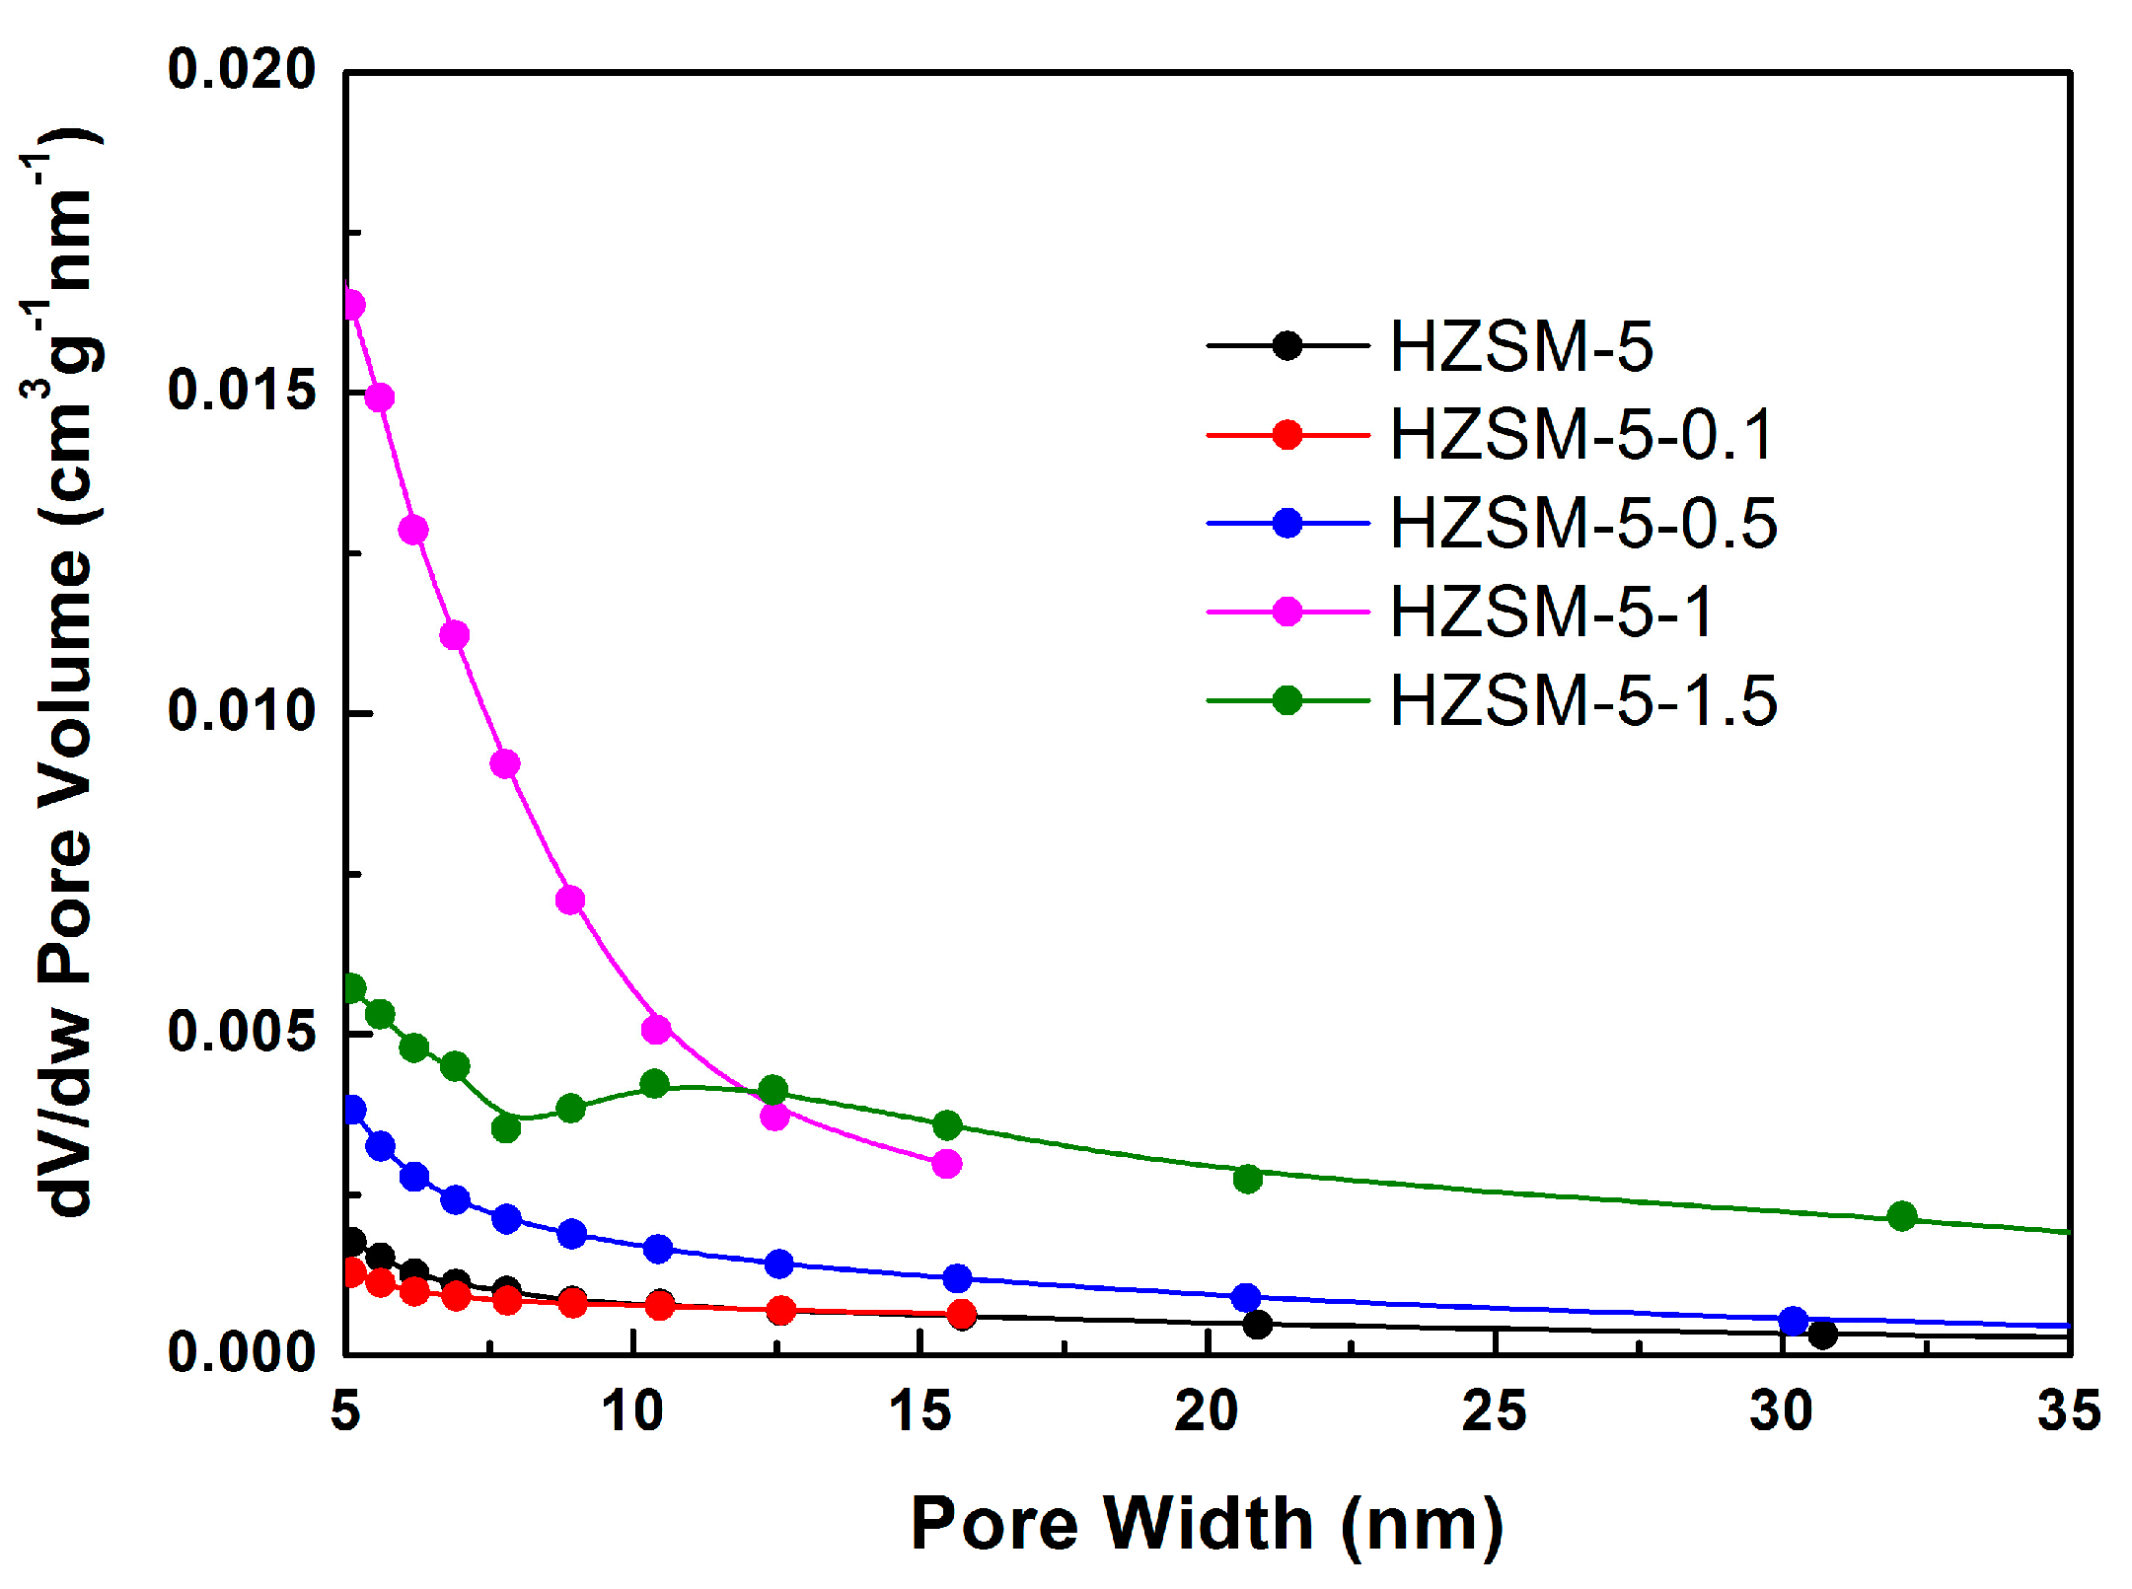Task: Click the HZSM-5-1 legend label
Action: [1553, 613]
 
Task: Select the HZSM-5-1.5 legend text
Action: [1582, 701]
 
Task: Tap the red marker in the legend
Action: [1287, 435]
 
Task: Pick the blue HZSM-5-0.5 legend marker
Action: [1287, 524]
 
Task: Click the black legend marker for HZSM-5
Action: [1287, 346]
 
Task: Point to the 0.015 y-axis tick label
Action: [242, 391]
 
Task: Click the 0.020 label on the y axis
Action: [242, 71]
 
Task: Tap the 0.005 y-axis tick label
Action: [242, 1032]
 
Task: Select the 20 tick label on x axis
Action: [1207, 1411]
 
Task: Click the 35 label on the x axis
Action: [2069, 1411]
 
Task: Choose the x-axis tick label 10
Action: [632, 1411]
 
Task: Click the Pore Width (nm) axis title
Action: [1207, 1524]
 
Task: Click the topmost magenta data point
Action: [352, 305]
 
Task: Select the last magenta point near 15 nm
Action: [946, 1164]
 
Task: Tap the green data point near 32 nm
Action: [1902, 1217]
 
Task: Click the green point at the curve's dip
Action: [506, 1127]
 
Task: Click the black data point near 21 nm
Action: [1257, 1325]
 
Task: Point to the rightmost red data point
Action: [962, 1314]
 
